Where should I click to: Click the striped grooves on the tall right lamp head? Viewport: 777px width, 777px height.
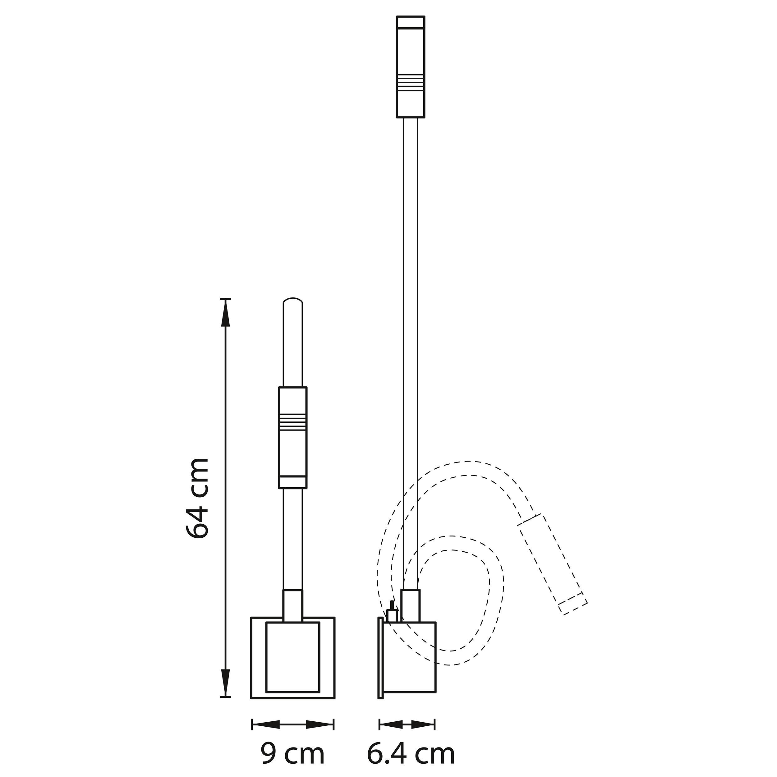[410, 82]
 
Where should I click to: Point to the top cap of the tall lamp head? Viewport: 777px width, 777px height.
[410, 22]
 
